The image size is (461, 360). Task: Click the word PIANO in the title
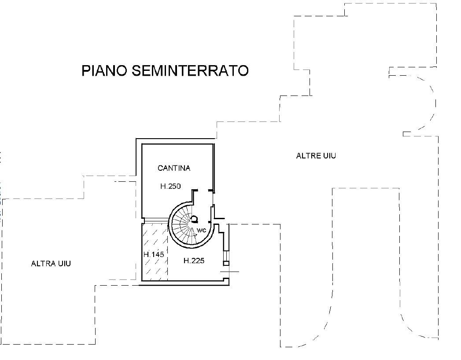(x=103, y=70)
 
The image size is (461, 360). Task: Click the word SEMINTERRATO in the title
(x=189, y=70)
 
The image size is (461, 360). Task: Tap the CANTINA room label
(x=174, y=168)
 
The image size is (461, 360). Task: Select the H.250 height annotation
(x=170, y=187)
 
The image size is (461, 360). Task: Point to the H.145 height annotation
(x=154, y=254)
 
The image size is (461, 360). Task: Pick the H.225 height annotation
(x=194, y=261)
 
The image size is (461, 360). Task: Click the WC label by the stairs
(x=202, y=230)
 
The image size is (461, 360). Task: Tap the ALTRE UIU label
(x=316, y=156)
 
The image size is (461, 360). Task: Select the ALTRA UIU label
(x=51, y=264)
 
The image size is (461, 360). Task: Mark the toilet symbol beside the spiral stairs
(x=194, y=218)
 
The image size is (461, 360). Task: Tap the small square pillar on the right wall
(x=226, y=263)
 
